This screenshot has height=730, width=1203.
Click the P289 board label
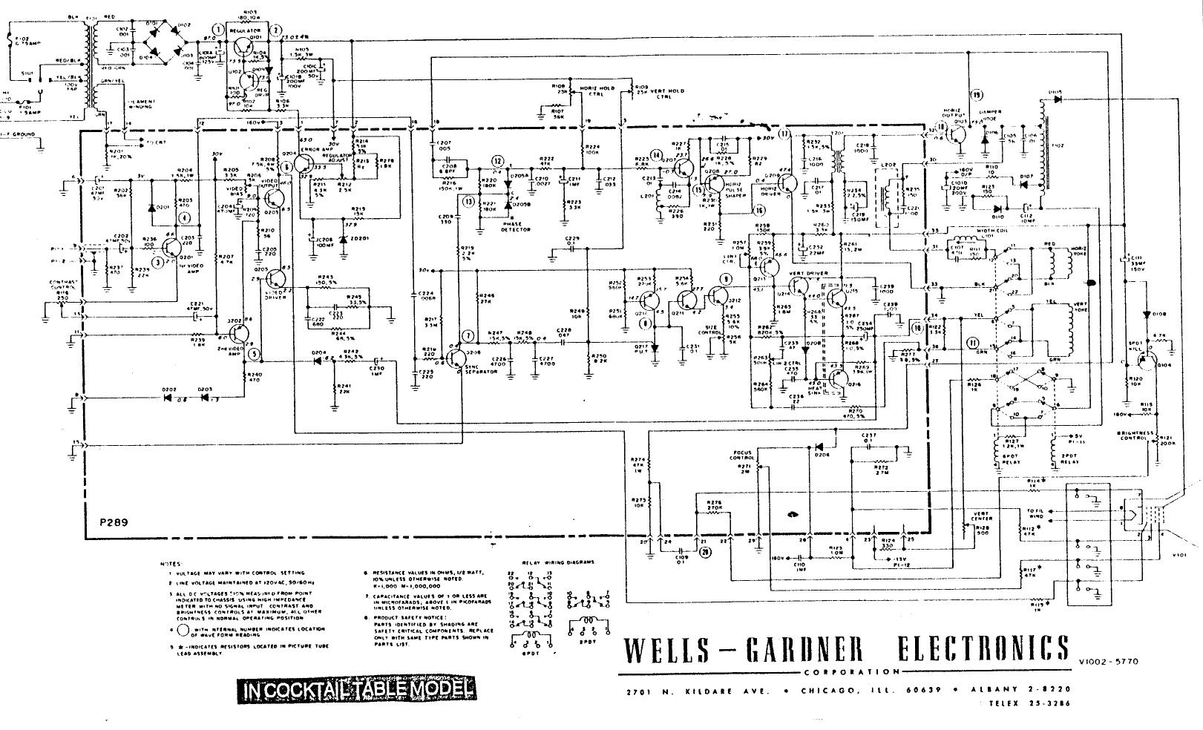[114, 522]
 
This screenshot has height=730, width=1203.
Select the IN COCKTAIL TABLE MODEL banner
[355, 690]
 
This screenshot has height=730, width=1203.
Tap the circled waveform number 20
[704, 552]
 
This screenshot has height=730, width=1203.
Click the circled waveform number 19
[976, 95]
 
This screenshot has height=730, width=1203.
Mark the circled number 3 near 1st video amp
[157, 262]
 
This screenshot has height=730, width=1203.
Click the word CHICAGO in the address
[828, 691]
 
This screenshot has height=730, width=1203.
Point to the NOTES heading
[170, 564]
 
